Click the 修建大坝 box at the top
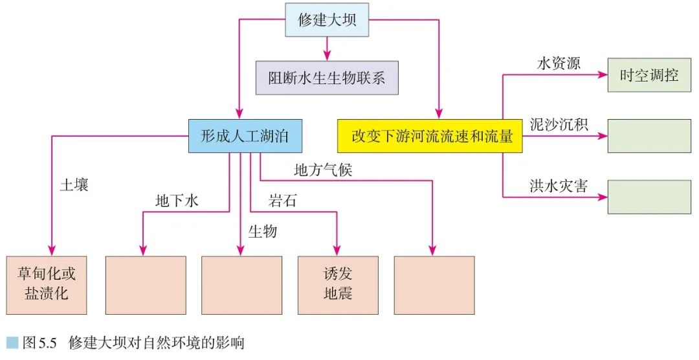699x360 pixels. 327,20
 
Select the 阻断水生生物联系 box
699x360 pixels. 327,78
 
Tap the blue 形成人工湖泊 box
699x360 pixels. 246,136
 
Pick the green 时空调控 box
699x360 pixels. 649,75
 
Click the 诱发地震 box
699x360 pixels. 338,285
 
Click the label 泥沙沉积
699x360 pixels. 559,124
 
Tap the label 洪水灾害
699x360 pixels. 559,186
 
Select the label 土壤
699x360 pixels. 74,185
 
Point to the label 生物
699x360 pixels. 262,231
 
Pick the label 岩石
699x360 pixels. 283,201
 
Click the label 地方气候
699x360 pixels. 323,170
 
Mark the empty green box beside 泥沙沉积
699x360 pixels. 649,136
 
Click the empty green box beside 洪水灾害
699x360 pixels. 649,197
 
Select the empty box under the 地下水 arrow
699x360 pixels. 146,285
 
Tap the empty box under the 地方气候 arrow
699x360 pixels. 434,285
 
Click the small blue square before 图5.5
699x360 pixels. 12,343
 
